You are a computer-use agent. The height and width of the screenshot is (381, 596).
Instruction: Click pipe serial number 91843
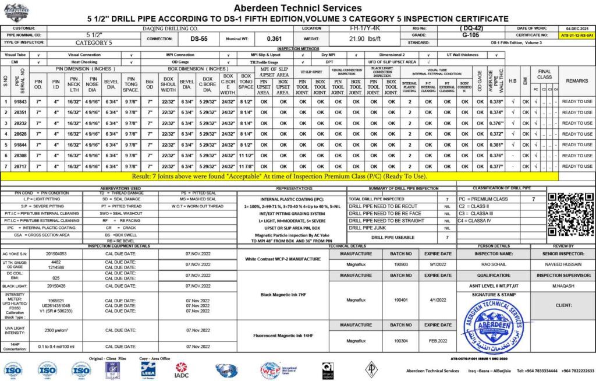coord(21,101)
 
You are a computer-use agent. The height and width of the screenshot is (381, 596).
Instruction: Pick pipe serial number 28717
coord(21,166)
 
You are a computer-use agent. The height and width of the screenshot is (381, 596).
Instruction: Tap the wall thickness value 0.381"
coord(496,144)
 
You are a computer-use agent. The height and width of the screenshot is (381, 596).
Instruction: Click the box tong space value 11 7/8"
coord(246,166)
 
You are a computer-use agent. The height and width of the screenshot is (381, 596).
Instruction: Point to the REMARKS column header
coord(577,80)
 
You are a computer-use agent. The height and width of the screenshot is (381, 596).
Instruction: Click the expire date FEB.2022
coord(438,340)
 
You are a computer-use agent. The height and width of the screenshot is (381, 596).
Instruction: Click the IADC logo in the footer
coord(182,369)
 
